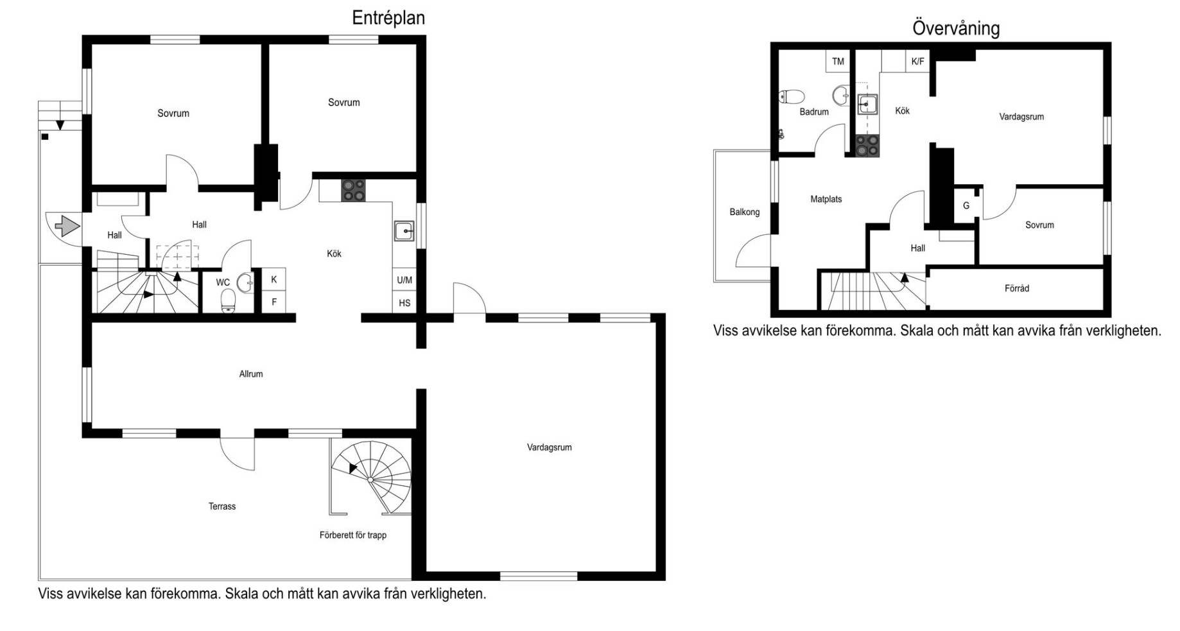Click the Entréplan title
(x=388, y=18)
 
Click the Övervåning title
(x=956, y=28)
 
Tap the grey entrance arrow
(x=67, y=226)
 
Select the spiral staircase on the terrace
(x=371, y=478)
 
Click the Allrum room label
(x=251, y=374)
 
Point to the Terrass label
(x=222, y=506)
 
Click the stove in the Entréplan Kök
(x=353, y=191)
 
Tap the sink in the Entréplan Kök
(x=404, y=230)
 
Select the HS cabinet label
(x=404, y=303)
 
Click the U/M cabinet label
(x=404, y=280)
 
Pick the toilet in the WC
(x=229, y=300)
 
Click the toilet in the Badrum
(x=792, y=97)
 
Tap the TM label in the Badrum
(x=838, y=62)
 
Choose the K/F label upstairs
(x=918, y=62)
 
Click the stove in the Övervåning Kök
(x=867, y=146)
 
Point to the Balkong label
(x=745, y=212)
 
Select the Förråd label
(x=1017, y=289)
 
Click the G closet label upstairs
(x=966, y=206)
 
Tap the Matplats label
(x=826, y=200)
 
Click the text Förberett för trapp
(x=353, y=535)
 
